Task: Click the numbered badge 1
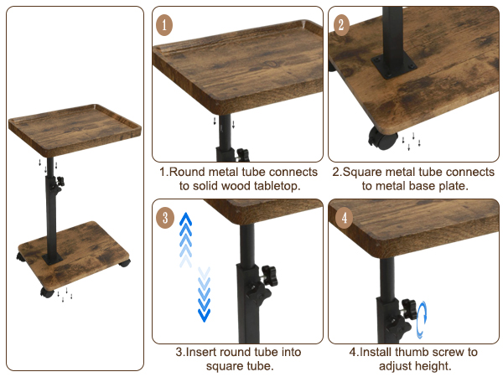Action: pyautogui.click(x=164, y=24)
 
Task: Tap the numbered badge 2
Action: pyautogui.click(x=342, y=24)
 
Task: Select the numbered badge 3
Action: pyautogui.click(x=164, y=218)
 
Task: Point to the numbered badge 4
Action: pyautogui.click(x=344, y=218)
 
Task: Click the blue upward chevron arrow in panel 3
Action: pyautogui.click(x=185, y=239)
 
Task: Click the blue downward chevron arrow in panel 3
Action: pyautogui.click(x=204, y=294)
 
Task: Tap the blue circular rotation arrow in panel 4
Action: pyautogui.click(x=422, y=319)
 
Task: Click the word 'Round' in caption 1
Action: pyautogui.click(x=187, y=172)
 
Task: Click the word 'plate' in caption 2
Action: pyautogui.click(x=451, y=186)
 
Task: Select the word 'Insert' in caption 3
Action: pyautogui.click(x=200, y=352)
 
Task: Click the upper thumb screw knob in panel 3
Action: pyautogui.click(x=270, y=276)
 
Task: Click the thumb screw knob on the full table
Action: pyautogui.click(x=60, y=182)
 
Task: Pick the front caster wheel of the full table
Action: pyautogui.click(x=47, y=292)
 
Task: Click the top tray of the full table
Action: pyautogui.click(x=75, y=129)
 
